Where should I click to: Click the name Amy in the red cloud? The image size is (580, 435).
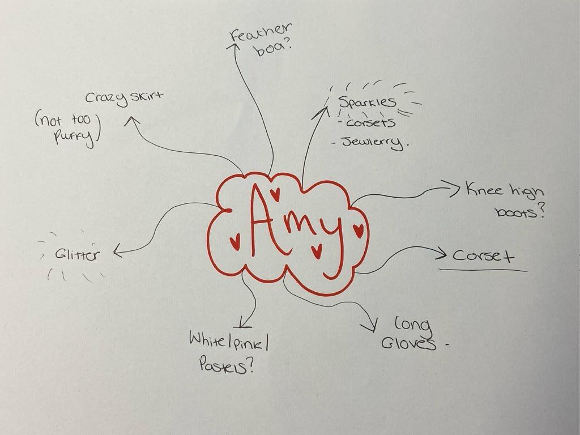coord(295,227)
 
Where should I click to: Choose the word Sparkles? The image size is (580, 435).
coord(367,103)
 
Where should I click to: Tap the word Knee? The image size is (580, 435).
coord(484,189)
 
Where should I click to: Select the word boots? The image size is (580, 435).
coord(519,212)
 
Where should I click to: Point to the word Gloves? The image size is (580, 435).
coord(408,343)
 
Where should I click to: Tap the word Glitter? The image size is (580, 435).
coord(76,254)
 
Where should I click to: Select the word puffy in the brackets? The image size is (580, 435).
coord(73,138)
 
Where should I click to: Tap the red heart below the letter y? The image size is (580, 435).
coord(317,250)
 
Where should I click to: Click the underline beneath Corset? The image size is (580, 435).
coord(483,270)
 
